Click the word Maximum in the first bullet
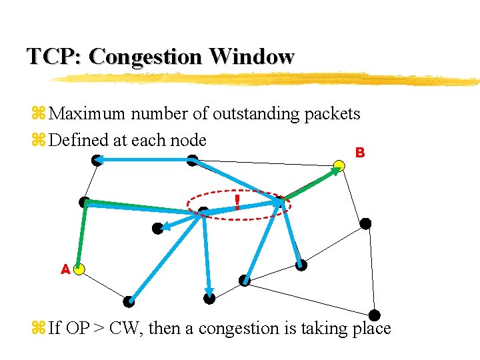(x=87, y=114)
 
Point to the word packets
(x=332, y=114)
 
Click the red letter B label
(x=360, y=153)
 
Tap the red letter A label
(x=65, y=269)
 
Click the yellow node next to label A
(x=79, y=269)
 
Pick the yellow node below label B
(x=339, y=165)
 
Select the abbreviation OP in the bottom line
(x=77, y=328)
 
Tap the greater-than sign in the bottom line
(x=99, y=328)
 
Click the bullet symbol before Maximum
(x=38, y=114)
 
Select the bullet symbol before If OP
(x=38, y=328)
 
